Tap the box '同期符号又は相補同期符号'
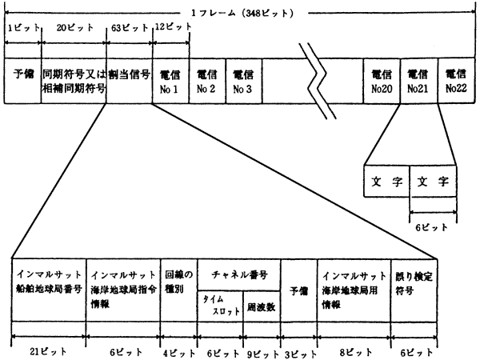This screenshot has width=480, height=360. coord(74,79)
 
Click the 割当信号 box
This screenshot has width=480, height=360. coord(129,79)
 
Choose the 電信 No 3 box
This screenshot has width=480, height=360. coord(243,79)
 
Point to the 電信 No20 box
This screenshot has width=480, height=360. coord(382,79)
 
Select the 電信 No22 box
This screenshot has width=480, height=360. coord(457,79)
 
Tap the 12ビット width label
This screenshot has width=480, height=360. coord(172,26)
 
